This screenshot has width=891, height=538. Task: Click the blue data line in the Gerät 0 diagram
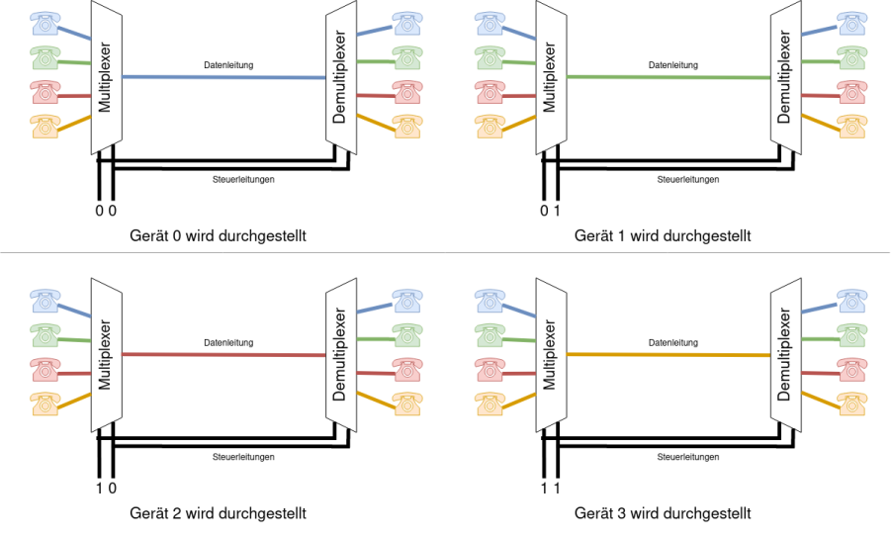click(x=223, y=77)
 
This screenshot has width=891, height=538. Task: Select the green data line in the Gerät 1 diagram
click(x=668, y=77)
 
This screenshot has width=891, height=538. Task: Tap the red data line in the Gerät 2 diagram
click(x=223, y=355)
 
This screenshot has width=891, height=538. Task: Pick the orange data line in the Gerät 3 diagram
click(x=668, y=355)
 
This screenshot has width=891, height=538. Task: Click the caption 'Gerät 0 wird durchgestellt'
click(x=218, y=235)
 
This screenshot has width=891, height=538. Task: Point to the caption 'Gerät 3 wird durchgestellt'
click(x=663, y=513)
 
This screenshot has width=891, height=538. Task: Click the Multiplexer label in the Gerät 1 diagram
click(x=549, y=77)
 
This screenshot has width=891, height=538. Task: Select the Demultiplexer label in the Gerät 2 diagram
click(x=339, y=354)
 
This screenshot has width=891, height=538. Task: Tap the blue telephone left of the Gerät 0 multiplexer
click(x=45, y=24)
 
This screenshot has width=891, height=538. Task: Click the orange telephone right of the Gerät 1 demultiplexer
click(x=851, y=127)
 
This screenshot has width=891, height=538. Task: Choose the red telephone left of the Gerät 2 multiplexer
click(x=45, y=369)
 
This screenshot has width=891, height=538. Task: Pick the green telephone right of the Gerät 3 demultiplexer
click(x=851, y=335)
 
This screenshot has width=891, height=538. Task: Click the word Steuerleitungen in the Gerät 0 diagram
click(x=243, y=180)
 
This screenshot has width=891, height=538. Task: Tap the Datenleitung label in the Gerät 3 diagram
click(x=673, y=342)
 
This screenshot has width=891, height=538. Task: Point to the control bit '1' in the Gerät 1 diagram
click(x=557, y=211)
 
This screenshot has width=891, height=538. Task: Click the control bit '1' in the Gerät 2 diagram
click(x=100, y=488)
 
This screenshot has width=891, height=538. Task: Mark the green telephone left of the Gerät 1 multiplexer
click(x=490, y=58)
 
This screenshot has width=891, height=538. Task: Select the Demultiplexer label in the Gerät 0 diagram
click(x=339, y=77)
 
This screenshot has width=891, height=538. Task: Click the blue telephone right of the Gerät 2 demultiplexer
click(x=406, y=301)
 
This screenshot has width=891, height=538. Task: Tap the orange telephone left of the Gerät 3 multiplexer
click(x=490, y=403)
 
